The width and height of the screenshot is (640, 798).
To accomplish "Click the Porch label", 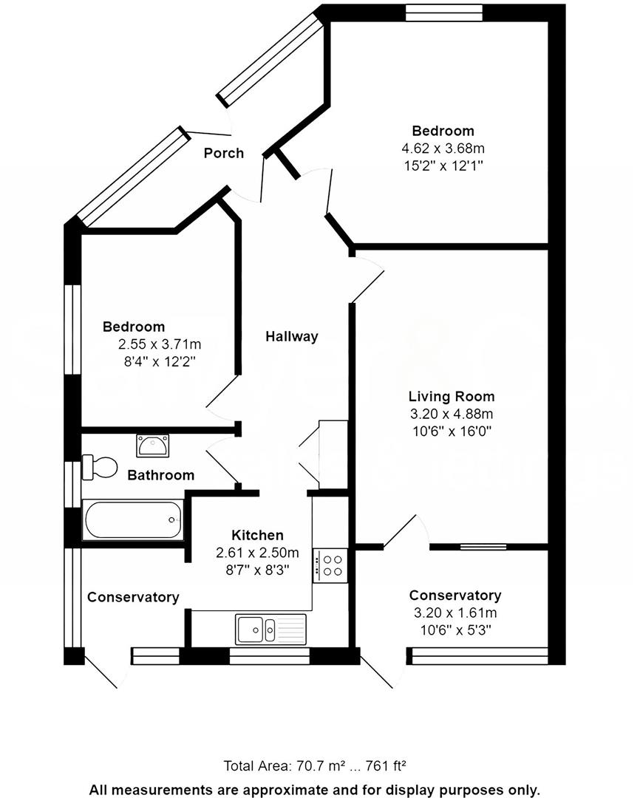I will point(223,153).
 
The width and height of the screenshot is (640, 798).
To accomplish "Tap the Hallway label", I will point(292,336).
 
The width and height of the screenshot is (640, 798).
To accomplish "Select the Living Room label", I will point(452,397).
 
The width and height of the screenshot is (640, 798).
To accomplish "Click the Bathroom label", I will point(160,475).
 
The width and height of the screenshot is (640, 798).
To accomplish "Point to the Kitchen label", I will point(257,535).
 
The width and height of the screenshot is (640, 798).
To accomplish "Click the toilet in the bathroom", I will point(101,467).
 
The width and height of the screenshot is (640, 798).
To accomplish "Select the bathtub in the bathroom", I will point(133,520).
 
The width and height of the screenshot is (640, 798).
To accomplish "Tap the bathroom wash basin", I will point(153,446).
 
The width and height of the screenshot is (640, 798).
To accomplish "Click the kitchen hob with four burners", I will point(330,565).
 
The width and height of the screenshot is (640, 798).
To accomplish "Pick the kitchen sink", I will point(270,629).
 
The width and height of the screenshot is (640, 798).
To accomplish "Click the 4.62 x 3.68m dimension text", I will point(443,149).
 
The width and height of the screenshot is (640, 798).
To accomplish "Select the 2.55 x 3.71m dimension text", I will point(160,344).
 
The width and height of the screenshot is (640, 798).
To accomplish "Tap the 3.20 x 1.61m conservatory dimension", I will point(455,613).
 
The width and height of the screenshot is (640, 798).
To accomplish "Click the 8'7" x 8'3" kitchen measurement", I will point(257,569).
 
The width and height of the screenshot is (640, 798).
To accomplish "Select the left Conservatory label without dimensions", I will point(133,597).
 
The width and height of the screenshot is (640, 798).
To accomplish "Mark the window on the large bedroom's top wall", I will point(443,13).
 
